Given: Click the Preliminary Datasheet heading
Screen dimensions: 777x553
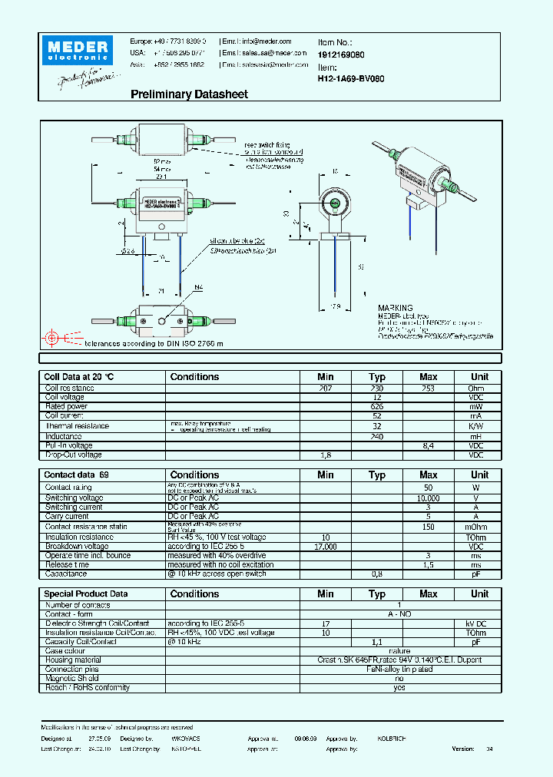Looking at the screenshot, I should tap(189, 94).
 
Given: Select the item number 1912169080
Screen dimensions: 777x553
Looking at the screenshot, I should tap(341, 55).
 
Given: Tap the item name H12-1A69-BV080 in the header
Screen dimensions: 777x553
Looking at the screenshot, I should tap(351, 78).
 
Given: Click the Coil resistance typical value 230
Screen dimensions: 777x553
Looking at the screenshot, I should tap(377, 388).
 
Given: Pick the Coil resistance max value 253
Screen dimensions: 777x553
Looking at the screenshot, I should tap(429, 388).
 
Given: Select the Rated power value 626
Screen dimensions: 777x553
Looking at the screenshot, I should tap(377, 406).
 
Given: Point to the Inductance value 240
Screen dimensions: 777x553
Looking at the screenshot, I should tap(377, 436).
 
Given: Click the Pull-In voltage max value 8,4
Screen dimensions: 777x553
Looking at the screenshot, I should tap(429, 445).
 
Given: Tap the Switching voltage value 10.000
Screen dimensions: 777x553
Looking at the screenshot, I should tap(429, 498).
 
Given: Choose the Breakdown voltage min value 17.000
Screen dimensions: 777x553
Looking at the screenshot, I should tap(326, 546).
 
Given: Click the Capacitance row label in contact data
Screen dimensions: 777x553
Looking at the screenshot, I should tap(66, 574).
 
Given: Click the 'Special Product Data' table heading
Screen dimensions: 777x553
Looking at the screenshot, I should tap(85, 593).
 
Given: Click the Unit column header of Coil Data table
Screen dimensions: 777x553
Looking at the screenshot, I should tap(479, 377).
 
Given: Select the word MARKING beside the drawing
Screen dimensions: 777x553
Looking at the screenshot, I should tap(395, 308).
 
